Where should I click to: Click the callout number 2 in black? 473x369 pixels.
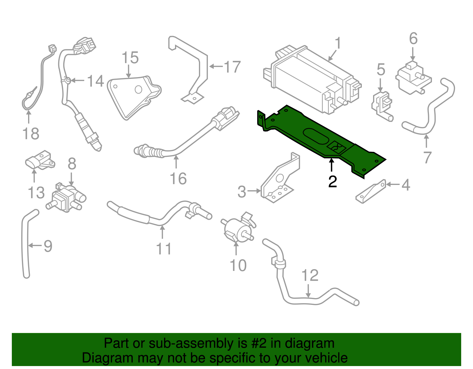click(333, 181)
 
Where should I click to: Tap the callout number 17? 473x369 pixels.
click(232, 67)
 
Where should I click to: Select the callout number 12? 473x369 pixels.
click(310, 275)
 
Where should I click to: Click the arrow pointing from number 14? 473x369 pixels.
click(78, 80)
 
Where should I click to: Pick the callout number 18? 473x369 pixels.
click(31, 134)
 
